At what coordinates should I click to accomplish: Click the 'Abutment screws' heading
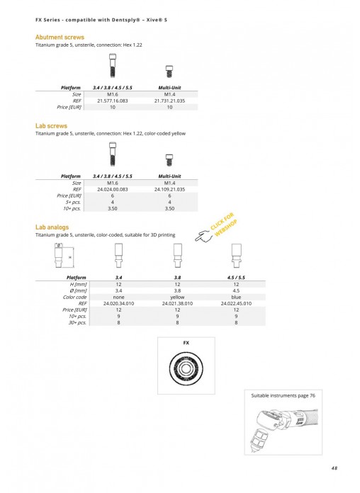coord(60,37)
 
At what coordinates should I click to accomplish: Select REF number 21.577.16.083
coord(113,101)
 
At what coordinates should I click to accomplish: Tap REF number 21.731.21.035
coord(169,101)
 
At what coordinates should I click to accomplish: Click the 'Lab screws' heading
coord(51,126)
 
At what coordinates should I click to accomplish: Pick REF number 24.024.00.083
coord(113,190)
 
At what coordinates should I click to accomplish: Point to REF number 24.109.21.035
coord(169,190)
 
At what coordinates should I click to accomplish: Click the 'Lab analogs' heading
coord(52,227)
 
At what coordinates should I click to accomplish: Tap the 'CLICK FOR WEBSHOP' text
coord(224,225)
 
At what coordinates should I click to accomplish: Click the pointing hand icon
coord(203,236)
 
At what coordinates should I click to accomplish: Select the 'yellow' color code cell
coord(177,297)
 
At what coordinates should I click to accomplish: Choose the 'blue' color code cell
coord(236,297)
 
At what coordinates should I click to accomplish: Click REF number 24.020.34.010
coord(118,304)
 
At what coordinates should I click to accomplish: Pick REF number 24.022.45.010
coord(236,304)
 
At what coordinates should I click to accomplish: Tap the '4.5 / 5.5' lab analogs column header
coord(236,278)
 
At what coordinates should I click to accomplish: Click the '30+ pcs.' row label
coord(77,322)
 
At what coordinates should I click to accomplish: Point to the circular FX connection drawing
coord(186,368)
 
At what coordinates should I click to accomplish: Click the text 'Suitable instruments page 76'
coord(283,395)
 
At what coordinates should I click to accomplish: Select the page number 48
coord(334,467)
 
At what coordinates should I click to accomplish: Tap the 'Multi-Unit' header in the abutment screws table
coord(169,88)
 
